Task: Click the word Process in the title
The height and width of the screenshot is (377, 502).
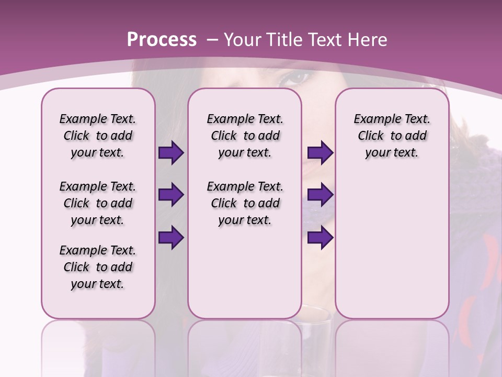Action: (x=162, y=40)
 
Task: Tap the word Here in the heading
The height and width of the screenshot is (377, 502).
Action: (x=368, y=40)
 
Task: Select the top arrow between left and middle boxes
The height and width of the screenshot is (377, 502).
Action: (x=171, y=153)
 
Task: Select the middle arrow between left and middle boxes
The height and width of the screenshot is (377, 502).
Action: (x=171, y=195)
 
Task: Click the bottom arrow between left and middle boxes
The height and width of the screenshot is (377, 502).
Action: (x=171, y=238)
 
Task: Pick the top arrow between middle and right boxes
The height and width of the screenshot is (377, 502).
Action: (x=320, y=153)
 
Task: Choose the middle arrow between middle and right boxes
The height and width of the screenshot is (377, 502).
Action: (x=320, y=195)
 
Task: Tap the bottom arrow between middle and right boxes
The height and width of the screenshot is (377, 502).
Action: (x=320, y=238)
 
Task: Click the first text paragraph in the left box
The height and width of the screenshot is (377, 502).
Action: (x=98, y=136)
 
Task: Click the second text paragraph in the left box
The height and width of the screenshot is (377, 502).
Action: (x=98, y=203)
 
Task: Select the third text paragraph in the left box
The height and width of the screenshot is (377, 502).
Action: (x=98, y=267)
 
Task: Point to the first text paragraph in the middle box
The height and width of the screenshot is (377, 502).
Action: (x=245, y=136)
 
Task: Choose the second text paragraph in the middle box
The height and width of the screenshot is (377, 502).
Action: (x=245, y=203)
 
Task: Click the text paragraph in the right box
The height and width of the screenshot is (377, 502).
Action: (x=392, y=136)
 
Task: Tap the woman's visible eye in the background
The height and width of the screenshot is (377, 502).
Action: (x=296, y=79)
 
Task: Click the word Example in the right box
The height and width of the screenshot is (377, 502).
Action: (x=372, y=119)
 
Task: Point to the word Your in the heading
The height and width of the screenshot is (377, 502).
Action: (x=243, y=40)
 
